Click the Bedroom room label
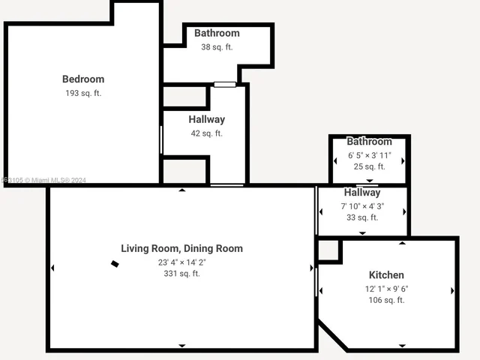click(82, 79)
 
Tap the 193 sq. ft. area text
click(82, 93)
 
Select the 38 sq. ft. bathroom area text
click(217, 46)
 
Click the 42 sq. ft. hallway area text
click(206, 133)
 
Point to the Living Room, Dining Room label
click(181, 248)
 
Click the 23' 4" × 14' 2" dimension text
click(181, 262)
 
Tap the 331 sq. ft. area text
click(181, 274)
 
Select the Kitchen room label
click(386, 275)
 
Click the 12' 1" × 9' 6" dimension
click(386, 289)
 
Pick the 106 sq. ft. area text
click(386, 300)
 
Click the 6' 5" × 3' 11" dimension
click(369, 155)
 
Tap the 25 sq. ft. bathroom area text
click(369, 166)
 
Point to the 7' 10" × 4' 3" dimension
click(362, 205)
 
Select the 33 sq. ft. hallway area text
click(362, 217)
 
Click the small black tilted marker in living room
click(115, 263)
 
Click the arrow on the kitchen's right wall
click(452, 290)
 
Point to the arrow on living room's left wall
click(52, 268)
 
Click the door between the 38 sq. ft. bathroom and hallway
click(224, 84)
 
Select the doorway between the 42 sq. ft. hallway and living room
click(226, 184)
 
